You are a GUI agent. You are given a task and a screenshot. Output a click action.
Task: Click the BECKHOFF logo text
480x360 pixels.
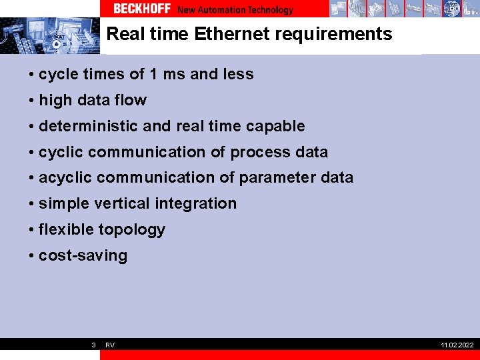[x=142, y=9]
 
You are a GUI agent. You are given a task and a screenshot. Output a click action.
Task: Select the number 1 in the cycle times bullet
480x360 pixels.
[x=153, y=74]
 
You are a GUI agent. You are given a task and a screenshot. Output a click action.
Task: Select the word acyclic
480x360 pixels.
[x=65, y=177]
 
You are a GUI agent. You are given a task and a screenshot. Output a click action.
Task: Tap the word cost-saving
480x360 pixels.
[x=83, y=255]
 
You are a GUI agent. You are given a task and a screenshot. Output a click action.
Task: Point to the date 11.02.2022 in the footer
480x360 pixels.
[x=457, y=345]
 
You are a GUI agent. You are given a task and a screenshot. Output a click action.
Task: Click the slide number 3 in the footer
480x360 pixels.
[x=93, y=345]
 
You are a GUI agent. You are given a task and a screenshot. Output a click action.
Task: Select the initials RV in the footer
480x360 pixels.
[x=110, y=345]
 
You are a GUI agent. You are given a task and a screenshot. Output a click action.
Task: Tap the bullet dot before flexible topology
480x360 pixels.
[x=32, y=229]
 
